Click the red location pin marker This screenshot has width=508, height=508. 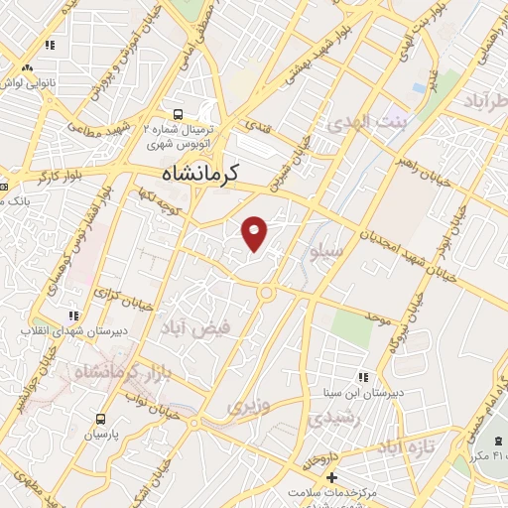(256, 233)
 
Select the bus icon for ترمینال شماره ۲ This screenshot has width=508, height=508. (178, 114)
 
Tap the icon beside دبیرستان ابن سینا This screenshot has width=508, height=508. (363, 377)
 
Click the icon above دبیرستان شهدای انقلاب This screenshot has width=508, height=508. (69, 315)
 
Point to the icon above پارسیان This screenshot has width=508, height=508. (99, 417)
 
